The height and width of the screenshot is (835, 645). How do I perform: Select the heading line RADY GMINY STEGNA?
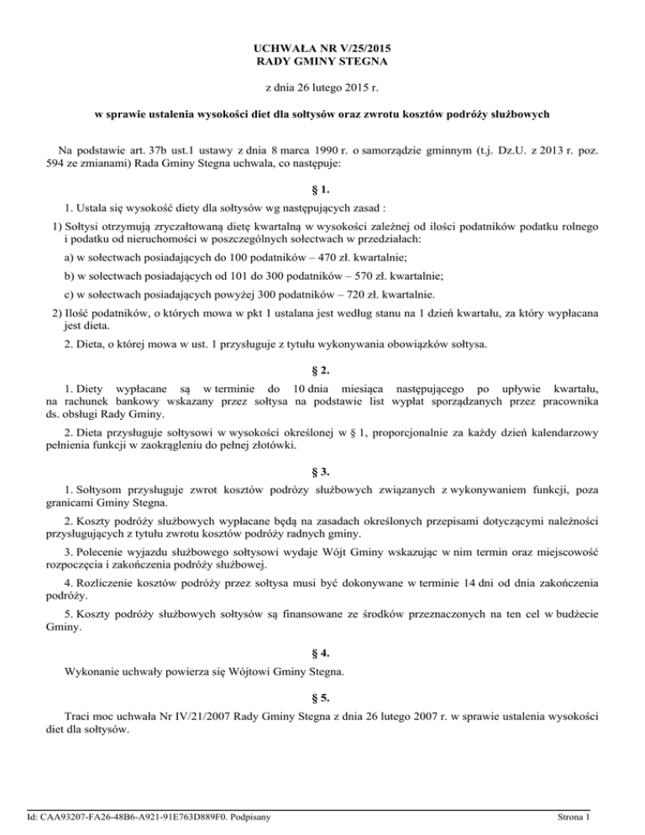322,63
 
